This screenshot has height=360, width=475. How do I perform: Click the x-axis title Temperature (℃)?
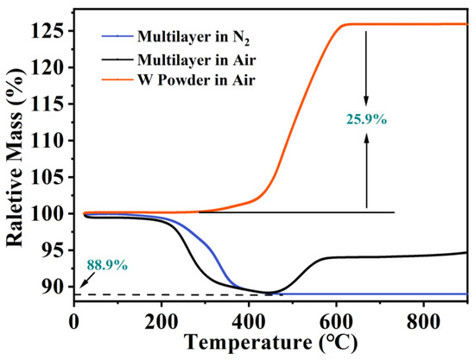click(x=270, y=341)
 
